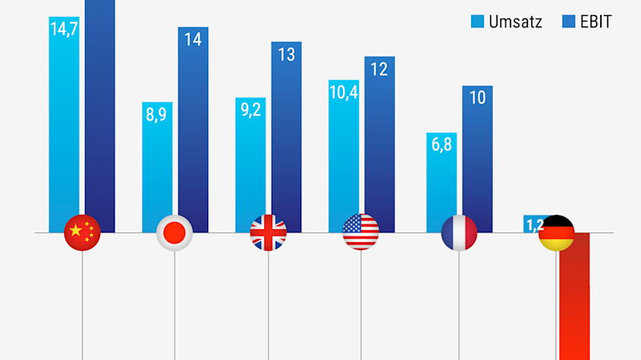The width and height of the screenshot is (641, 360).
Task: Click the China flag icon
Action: pos(82,233)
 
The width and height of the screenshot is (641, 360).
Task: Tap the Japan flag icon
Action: pos(175,233)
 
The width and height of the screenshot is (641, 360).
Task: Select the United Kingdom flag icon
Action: pos(268,233)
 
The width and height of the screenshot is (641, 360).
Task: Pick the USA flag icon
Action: pos(361,233)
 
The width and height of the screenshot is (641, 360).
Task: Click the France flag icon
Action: pos(459,233)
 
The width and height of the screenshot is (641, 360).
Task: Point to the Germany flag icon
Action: pos(556,233)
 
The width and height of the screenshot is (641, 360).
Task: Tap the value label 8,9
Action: pos(157,115)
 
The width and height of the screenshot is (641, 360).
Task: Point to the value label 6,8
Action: pos(441,146)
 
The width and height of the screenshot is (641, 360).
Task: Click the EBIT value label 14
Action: pos(193,40)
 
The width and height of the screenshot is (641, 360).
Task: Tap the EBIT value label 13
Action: pos(286,55)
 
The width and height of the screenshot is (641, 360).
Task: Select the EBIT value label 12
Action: pos(379,69)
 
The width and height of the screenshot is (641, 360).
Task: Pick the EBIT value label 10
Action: pos(478,99)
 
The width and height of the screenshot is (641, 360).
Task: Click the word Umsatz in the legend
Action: pos(517,22)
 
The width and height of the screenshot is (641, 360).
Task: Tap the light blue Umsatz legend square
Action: pos(478,22)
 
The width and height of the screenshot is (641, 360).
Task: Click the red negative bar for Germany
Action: pos(574,305)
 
